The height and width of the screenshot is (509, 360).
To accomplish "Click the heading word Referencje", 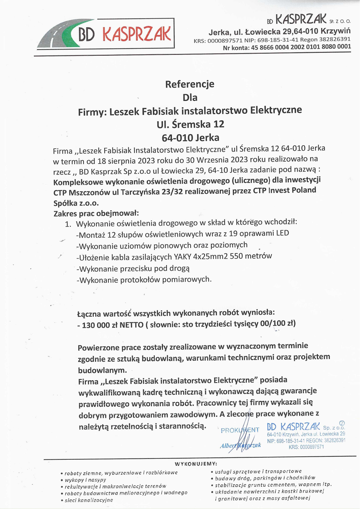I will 190,84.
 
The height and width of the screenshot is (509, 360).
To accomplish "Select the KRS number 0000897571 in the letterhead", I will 225,41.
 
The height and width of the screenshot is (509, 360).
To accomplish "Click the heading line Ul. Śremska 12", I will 190,124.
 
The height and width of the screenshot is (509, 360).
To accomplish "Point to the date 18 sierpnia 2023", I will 126,161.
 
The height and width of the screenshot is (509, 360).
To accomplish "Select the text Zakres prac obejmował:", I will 96,213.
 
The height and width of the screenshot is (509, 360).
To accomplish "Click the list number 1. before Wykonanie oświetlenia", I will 68,224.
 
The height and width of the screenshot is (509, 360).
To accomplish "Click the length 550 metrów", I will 251,256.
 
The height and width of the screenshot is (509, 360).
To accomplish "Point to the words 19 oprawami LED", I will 259,233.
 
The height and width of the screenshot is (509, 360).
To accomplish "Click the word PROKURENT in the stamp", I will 240,430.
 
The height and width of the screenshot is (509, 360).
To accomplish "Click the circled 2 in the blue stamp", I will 342,423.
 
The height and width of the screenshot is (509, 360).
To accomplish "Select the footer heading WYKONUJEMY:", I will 196,464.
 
